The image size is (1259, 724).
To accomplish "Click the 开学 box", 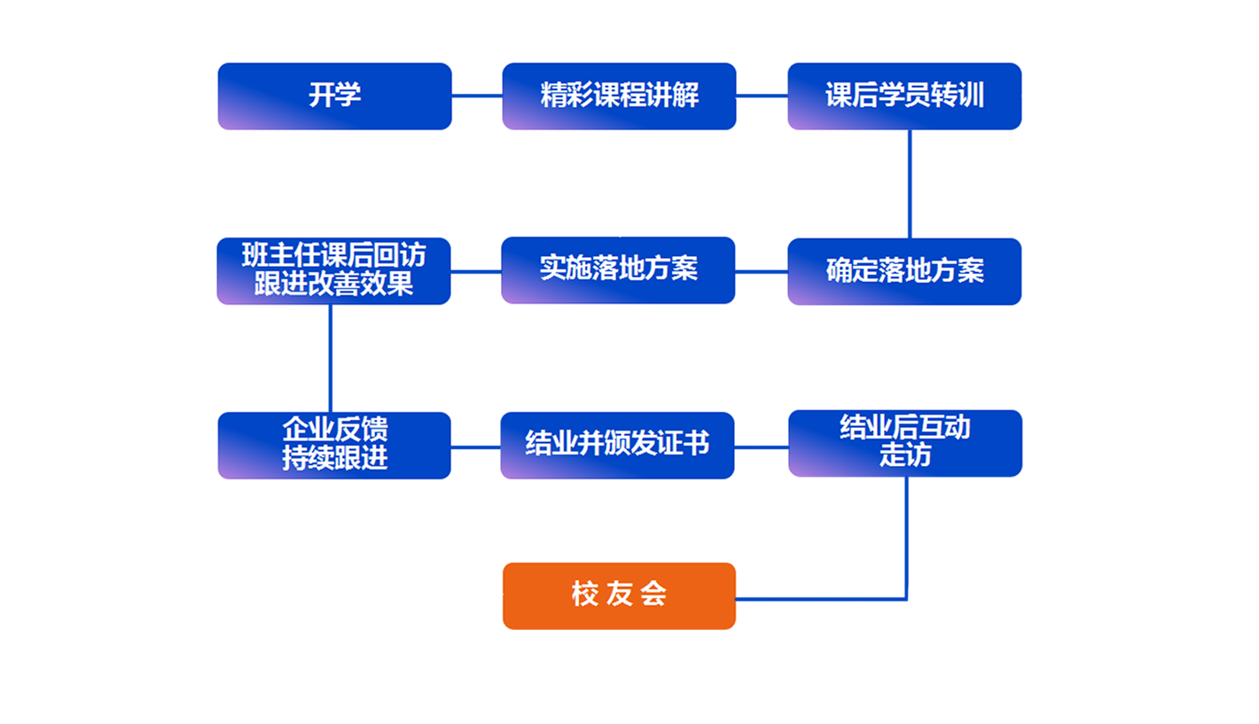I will pos(334,96).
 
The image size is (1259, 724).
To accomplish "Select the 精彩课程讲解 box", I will pos(619,96).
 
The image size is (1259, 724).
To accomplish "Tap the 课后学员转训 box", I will pos(904,96).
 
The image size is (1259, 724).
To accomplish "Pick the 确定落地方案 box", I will pos(904,271).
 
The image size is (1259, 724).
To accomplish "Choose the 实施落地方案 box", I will pos(619,269).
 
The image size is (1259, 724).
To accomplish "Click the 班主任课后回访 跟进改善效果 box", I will pos(333,270).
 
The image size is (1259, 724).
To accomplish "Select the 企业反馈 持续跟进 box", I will pos(334,445).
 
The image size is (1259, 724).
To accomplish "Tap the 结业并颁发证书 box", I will pos(617,445).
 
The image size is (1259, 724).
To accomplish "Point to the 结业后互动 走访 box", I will pos(904,443).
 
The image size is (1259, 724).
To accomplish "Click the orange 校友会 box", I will pos(619,596).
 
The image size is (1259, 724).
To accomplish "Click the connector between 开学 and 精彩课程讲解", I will pos(477,96).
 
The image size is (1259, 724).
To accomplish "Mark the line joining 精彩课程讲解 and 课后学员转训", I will pos(762,96).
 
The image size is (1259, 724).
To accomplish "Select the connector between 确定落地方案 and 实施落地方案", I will pos(762,271).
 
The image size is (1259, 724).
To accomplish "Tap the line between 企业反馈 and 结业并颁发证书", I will pos(476,447).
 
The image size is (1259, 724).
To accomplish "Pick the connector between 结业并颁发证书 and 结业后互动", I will pos(761,447).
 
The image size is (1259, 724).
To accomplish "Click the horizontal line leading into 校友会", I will pos(820,598).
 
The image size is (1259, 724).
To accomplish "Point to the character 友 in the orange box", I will pos(619,595).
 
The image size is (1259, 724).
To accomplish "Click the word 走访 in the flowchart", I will pos(905,455).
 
